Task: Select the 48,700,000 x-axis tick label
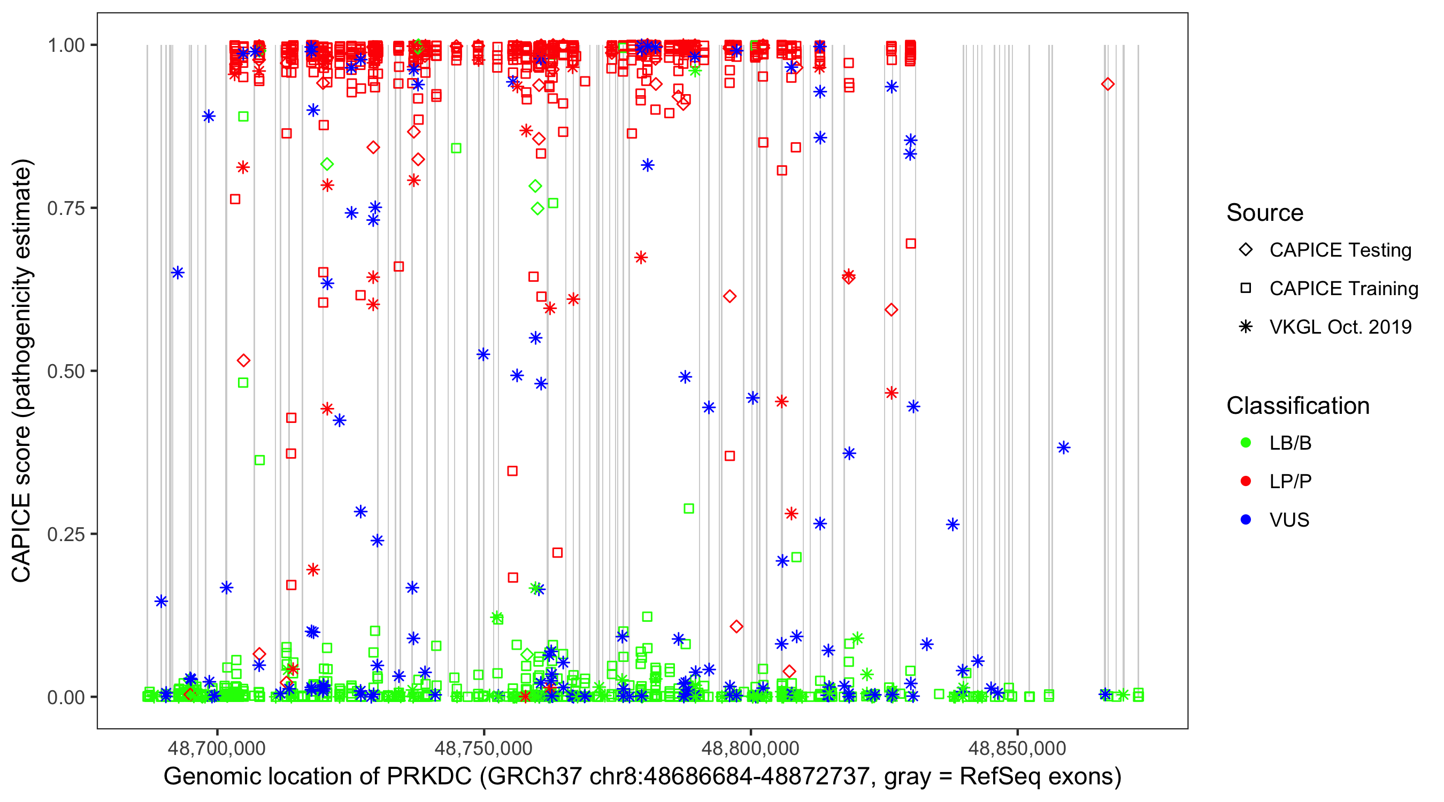tap(217, 748)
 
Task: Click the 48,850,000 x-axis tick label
tap(1017, 748)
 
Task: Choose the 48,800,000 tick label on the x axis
tap(750, 748)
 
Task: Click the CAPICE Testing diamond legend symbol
tap(1246, 250)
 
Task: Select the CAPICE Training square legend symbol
tap(1246, 289)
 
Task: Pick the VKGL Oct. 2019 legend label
tap(1340, 327)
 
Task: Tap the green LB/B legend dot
tap(1246, 443)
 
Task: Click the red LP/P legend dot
tap(1246, 481)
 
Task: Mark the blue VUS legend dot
tap(1246, 520)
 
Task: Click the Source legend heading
tap(1265, 213)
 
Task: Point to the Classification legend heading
tap(1297, 406)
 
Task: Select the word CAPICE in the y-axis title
tap(21, 537)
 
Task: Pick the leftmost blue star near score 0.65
tap(178, 273)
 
